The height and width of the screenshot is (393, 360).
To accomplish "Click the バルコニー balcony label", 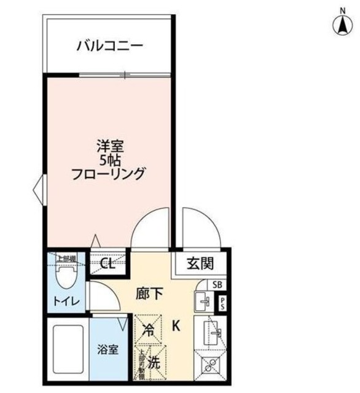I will point(110,45).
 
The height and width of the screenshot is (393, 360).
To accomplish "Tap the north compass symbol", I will point(340,25).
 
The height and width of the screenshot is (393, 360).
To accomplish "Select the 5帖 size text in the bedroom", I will point(111,160).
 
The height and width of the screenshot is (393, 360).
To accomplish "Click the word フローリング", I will point(111,174).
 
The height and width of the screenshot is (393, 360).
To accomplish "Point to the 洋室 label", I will point(111,147).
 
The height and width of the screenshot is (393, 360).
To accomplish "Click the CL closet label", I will point(108,265).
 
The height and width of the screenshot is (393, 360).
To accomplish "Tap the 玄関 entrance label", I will point(200,264).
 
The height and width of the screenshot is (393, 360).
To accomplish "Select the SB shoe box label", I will point(216,284).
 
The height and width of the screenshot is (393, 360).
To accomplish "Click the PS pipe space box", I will point(222,303).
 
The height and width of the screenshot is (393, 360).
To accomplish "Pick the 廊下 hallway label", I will point(149,294).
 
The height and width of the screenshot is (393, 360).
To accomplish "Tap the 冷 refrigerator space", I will point(148,328).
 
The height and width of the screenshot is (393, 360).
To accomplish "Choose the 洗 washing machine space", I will point(154,363).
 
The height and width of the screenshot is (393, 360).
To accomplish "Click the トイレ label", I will point(62,303).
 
